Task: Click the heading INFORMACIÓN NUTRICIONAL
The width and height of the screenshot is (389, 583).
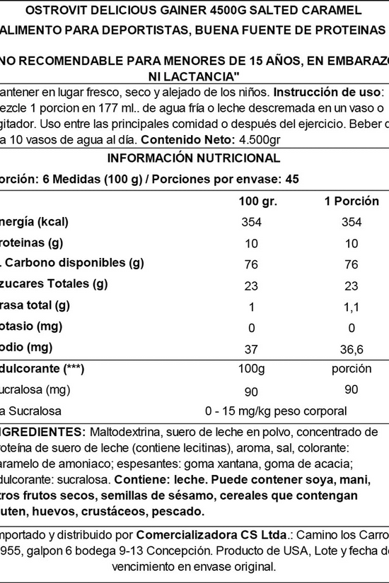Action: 194,158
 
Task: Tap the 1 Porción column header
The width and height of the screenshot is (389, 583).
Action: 347,201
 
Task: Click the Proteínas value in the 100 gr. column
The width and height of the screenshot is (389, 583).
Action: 250,243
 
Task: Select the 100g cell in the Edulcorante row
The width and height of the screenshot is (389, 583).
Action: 250,369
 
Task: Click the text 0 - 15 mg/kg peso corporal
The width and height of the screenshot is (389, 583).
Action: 275,411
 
